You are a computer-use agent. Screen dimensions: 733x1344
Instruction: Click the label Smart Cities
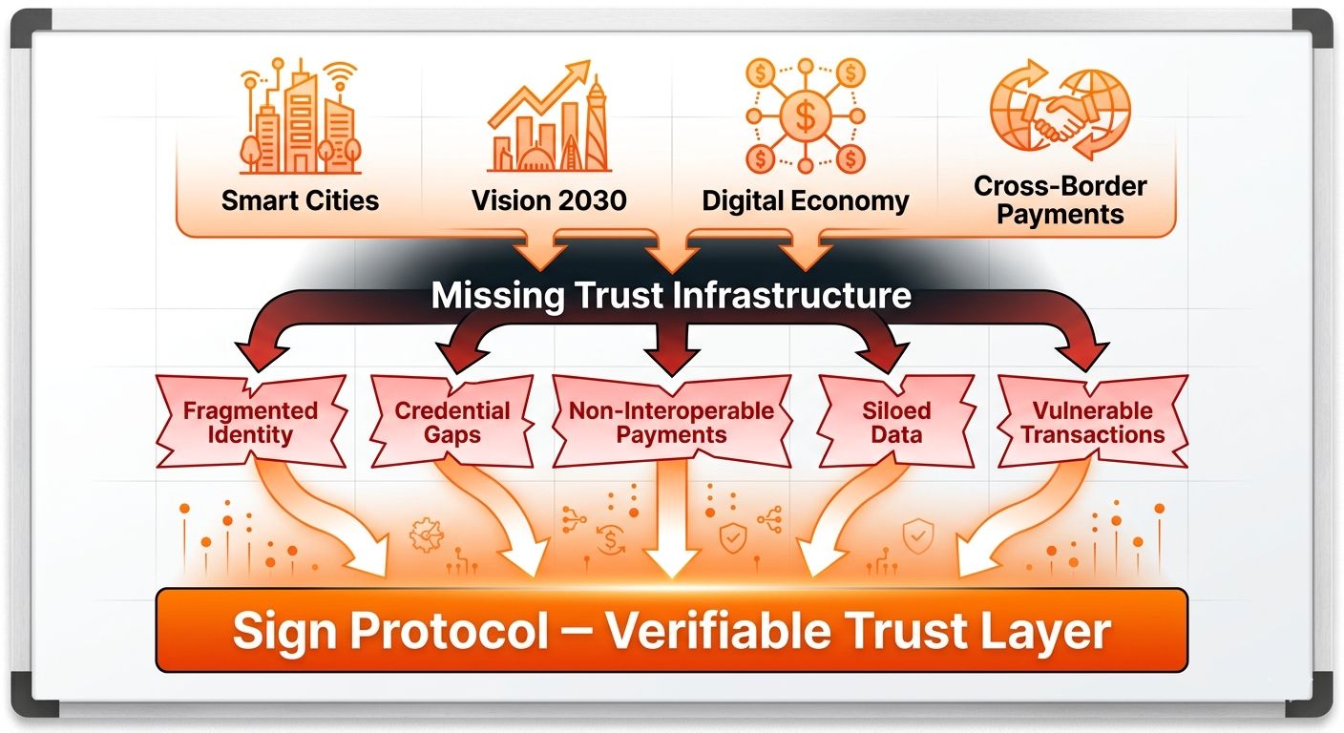[x=300, y=200]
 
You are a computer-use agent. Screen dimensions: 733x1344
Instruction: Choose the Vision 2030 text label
[x=549, y=200]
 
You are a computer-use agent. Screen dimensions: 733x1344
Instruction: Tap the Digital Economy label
[x=806, y=201]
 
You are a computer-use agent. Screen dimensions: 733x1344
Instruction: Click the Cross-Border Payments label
[x=1060, y=199]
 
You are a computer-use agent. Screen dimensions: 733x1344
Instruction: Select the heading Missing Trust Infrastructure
[x=671, y=295]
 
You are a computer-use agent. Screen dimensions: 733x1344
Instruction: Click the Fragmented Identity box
[x=250, y=423]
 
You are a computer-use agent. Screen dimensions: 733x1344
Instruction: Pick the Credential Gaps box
[x=452, y=423]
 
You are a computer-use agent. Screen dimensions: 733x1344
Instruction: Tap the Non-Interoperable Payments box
[x=671, y=423]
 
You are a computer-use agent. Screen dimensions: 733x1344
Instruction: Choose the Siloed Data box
[x=897, y=423]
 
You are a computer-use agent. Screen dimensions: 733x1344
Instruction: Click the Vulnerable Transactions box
[x=1091, y=423]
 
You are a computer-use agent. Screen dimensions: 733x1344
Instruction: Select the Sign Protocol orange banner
[x=671, y=630]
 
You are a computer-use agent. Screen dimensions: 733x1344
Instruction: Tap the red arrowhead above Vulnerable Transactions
[x=1093, y=355]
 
